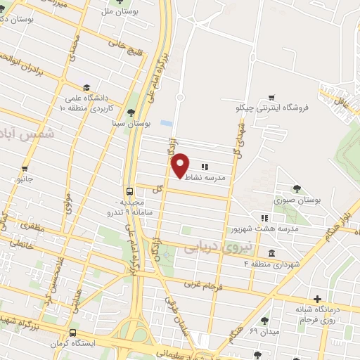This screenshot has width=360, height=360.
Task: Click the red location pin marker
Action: click(x=180, y=165)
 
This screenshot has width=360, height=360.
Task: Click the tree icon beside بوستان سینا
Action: click(x=130, y=112)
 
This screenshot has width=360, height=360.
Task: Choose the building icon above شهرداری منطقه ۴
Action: click(x=271, y=253)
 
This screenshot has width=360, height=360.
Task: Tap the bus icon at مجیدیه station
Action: click(x=130, y=191)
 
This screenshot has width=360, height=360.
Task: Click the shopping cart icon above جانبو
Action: click(x=25, y=168)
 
